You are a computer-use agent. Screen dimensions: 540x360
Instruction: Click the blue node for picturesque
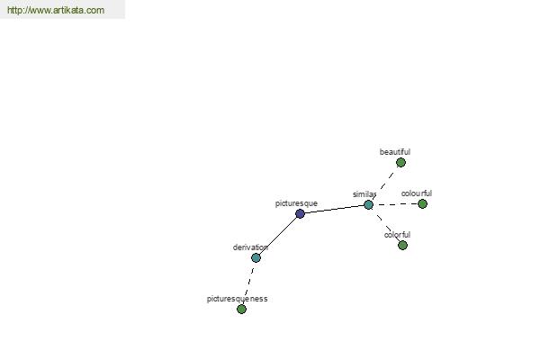[x=300, y=213]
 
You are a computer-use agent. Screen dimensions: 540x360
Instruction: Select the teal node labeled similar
[x=368, y=204]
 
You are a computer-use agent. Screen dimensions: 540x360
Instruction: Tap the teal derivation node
[x=256, y=257]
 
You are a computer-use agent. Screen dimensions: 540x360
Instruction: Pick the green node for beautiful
[x=400, y=162]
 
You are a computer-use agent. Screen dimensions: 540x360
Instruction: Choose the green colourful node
[x=423, y=204]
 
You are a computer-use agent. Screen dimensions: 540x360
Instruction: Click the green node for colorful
[x=402, y=246]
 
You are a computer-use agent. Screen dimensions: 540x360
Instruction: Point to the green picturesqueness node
[x=242, y=309]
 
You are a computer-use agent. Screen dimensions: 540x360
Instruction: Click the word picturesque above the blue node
[x=296, y=203]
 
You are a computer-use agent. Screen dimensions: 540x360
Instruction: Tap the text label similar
[x=364, y=194]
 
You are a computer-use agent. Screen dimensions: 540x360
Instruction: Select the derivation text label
[x=250, y=247]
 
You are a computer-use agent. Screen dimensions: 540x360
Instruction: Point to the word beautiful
[x=395, y=152]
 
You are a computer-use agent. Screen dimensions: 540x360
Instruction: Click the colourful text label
[x=417, y=193]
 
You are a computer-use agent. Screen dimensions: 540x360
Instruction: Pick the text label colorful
[x=397, y=235]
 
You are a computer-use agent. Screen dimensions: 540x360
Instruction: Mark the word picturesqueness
[x=237, y=299]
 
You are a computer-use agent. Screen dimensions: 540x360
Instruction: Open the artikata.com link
[x=56, y=10]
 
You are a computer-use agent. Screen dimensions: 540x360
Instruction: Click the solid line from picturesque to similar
[x=334, y=209]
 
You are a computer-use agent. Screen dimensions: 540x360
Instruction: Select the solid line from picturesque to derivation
[x=278, y=236]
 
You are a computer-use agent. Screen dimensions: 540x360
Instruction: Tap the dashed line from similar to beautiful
[x=384, y=184]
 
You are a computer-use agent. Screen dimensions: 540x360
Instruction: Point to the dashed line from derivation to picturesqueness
[x=249, y=283]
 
